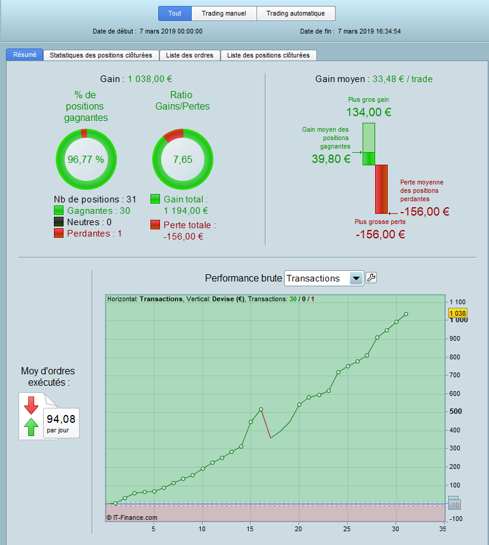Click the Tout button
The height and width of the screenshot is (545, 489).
coord(174,13)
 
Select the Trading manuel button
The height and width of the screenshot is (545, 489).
coord(224,13)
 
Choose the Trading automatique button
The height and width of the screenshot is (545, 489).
coord(295,13)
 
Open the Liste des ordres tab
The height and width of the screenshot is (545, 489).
coord(190,55)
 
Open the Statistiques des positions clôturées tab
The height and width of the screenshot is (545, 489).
coord(101,55)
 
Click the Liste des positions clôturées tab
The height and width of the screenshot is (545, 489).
coord(268,55)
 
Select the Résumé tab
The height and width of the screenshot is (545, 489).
coord(25,54)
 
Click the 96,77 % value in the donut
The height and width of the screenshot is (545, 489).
coord(86,159)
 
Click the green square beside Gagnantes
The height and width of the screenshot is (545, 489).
coord(59,211)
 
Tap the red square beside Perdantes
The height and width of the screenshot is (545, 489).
coord(59,234)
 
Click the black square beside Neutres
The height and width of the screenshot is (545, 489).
coord(59,222)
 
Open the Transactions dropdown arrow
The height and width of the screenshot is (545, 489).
coord(357,278)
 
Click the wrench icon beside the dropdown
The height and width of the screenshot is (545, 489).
coord(372,278)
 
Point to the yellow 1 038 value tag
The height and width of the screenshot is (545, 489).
coord(457,313)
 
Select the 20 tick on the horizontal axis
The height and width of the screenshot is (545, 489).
coord(298,529)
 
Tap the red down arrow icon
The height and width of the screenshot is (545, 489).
coord(31,405)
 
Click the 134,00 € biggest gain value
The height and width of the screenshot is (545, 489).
coord(369,111)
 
